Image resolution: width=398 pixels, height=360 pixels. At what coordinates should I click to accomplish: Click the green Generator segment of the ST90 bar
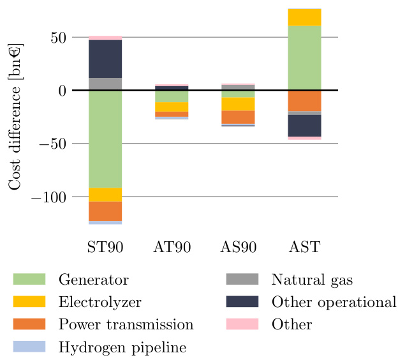[105, 139]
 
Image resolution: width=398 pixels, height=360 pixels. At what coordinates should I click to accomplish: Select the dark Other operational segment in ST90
[105, 59]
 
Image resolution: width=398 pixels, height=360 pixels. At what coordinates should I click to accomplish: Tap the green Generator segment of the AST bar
[304, 58]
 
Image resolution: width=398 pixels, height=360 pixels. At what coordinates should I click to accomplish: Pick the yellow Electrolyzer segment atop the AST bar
[304, 17]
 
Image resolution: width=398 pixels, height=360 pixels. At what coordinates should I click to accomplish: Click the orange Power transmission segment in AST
[304, 101]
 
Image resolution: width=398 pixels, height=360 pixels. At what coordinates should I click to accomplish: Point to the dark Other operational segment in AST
[304, 126]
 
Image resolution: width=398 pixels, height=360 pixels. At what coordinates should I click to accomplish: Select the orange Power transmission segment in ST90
[105, 211]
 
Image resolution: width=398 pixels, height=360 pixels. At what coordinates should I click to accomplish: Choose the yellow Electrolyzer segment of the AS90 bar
[238, 104]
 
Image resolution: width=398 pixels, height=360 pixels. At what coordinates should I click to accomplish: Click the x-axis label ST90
[105, 247]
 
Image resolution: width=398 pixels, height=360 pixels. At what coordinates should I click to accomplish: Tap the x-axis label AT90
[172, 247]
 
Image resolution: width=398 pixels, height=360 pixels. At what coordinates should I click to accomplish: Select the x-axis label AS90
[238, 247]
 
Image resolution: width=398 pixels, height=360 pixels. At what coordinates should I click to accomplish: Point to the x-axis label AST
[304, 247]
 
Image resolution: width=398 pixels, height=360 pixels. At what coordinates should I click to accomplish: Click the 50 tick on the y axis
[58, 37]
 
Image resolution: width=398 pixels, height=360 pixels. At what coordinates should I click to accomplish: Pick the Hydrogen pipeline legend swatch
[29, 347]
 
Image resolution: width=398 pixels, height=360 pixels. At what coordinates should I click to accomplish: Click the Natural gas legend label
[312, 280]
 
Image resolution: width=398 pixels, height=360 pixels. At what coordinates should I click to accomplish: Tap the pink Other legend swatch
[242, 324]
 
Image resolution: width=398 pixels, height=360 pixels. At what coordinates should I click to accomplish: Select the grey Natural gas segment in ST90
[105, 84]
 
